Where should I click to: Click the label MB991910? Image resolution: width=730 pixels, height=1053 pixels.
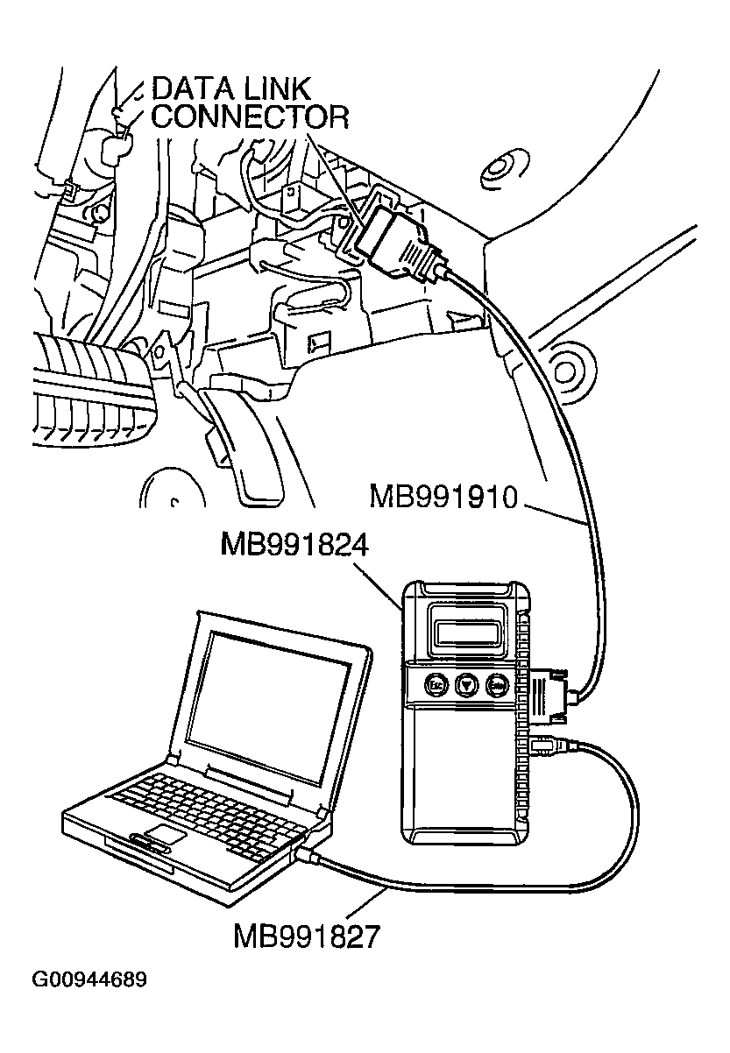coord(444,498)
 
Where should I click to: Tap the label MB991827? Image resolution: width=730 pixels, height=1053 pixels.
coord(308,936)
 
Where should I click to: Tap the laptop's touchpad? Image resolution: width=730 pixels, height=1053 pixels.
coord(165,832)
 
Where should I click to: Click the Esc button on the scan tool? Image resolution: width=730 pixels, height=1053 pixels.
coord(435,683)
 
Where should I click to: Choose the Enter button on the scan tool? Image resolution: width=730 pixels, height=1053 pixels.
coord(499,684)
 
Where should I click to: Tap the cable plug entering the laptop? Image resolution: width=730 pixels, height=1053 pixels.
coord(308,854)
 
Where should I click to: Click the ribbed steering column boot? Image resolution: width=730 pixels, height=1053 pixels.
coord(92,385)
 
